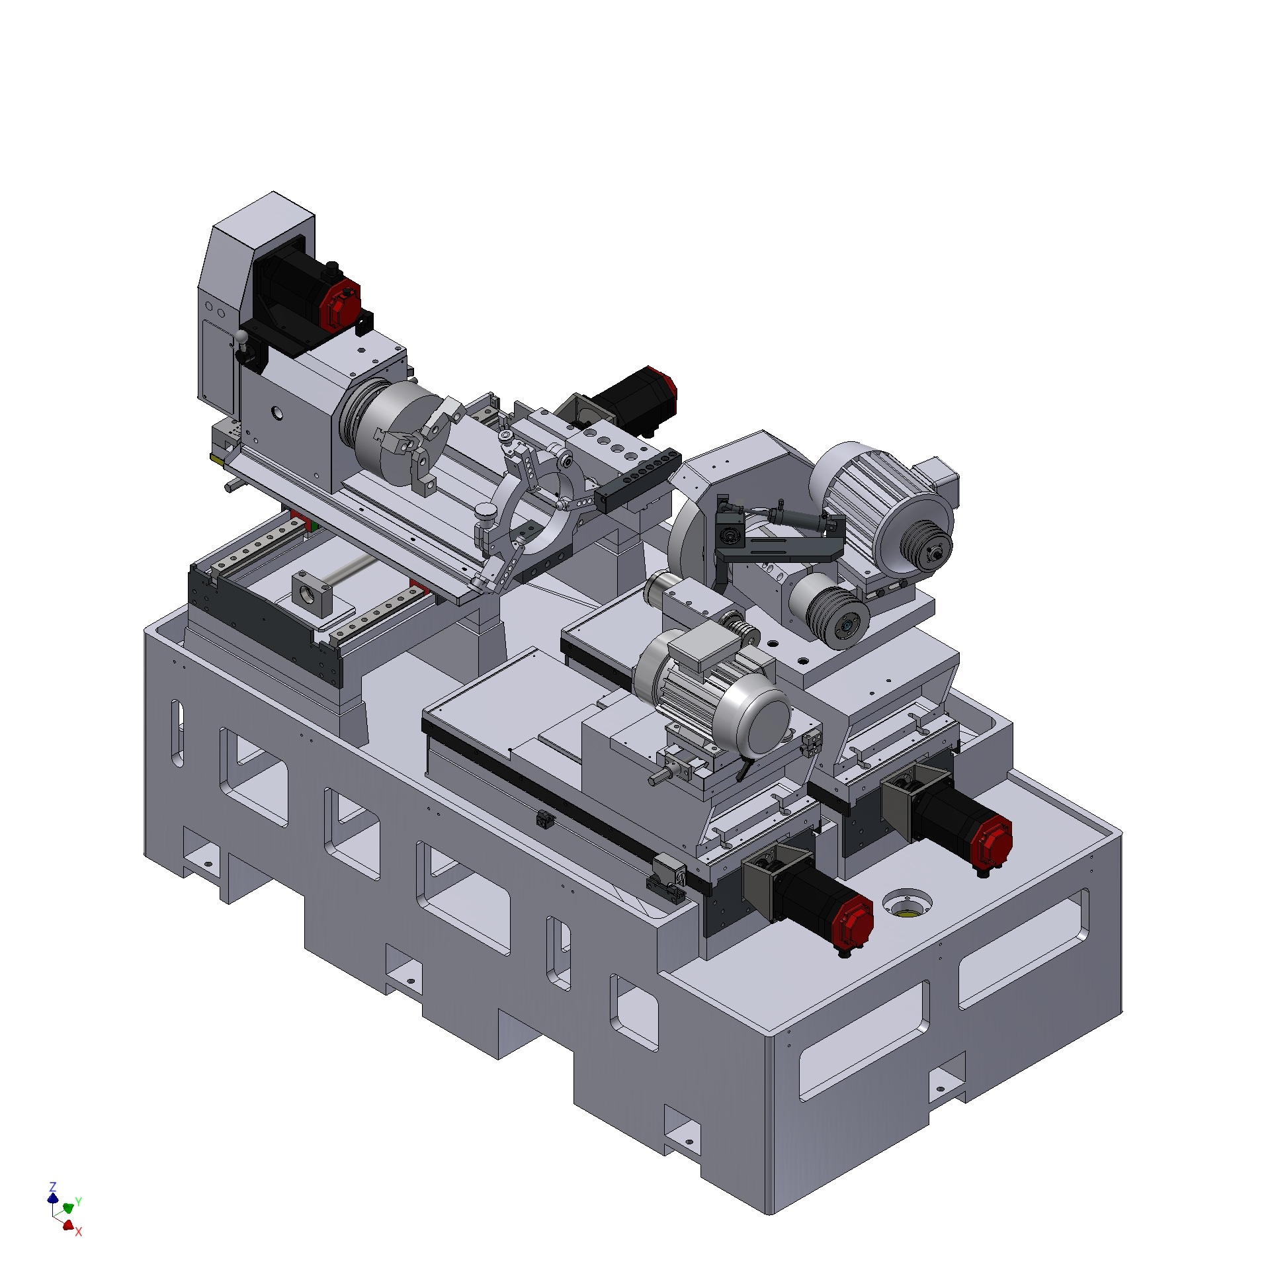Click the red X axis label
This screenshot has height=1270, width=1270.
[78, 1232]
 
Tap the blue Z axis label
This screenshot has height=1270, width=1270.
[53, 1186]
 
